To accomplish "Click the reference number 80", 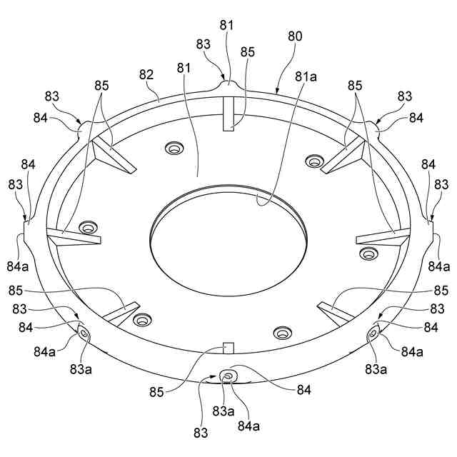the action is point(295,36).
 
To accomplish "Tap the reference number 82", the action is point(146,74).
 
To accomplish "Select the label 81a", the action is point(306,76).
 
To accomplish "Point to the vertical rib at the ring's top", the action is point(228,114).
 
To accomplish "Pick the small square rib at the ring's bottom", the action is point(228,348).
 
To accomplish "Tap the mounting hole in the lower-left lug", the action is point(85,333).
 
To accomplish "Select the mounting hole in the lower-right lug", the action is point(373,333).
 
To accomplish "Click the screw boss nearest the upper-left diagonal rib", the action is point(174,148).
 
